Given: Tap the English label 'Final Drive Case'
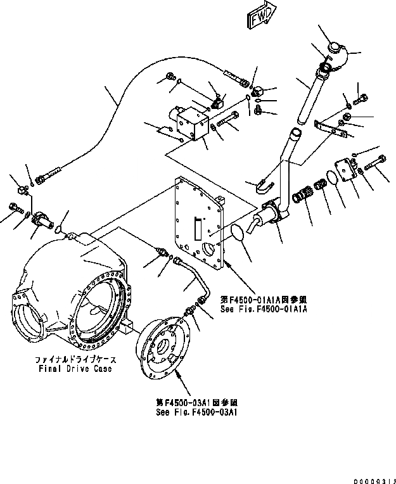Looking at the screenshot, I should point(74,368).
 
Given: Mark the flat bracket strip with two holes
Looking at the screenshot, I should point(330,128).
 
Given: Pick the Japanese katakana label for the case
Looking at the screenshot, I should point(74,359).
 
